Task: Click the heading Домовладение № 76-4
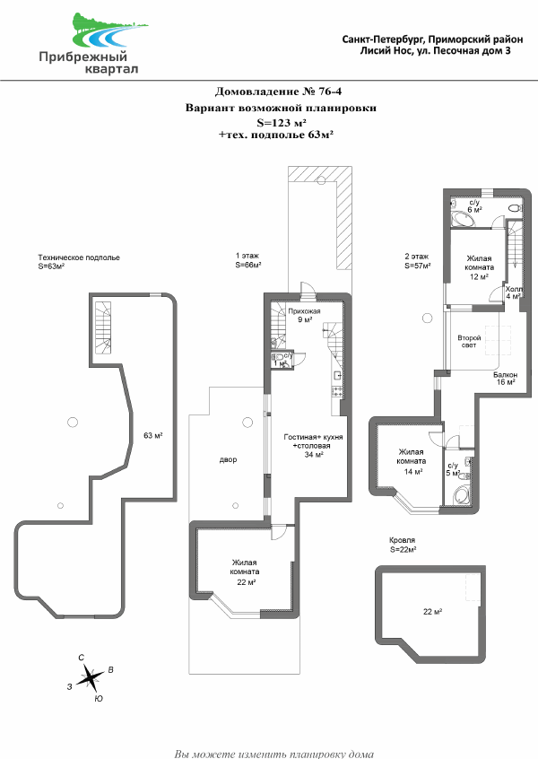pos(278,91)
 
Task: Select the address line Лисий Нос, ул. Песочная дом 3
pos(435,51)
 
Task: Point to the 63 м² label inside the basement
pos(153,436)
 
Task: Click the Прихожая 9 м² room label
pos(304,315)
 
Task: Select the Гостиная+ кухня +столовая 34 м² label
pos(313,445)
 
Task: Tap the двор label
pos(229,459)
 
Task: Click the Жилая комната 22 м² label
pos(245,572)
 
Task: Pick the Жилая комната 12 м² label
pos(479,267)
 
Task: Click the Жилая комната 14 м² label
pos(412,461)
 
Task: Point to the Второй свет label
pos(469,341)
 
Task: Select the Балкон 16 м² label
pos(506,378)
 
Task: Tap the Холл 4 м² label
pos(514,292)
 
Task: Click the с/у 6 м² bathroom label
pos(474,206)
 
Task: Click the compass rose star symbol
pos(90,677)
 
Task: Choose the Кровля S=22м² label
pos(403,545)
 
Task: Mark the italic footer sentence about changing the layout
pos(273,754)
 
